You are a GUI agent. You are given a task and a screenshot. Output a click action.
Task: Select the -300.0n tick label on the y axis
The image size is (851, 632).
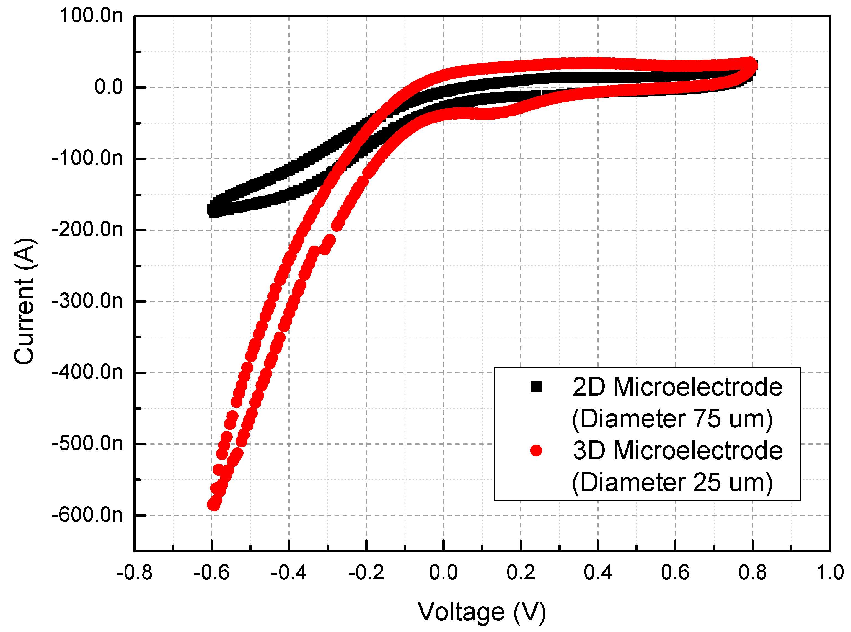coord(87,301)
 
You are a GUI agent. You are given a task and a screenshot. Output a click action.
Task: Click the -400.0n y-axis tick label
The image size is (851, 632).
coord(87,372)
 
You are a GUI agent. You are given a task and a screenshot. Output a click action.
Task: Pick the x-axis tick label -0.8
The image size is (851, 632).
coord(134,573)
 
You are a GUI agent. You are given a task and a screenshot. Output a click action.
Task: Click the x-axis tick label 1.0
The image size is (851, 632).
coord(830,573)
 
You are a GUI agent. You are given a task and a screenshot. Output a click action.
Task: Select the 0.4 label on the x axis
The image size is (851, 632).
coord(598,573)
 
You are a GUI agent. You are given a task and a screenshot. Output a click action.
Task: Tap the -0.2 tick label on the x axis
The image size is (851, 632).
coord(366,573)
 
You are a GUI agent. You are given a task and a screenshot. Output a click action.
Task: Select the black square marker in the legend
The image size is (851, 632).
coord(536,387)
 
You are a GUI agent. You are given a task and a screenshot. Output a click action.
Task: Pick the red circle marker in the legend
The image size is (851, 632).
coord(536,451)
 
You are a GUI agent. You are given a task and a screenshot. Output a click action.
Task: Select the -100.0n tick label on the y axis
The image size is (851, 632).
coord(87,158)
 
